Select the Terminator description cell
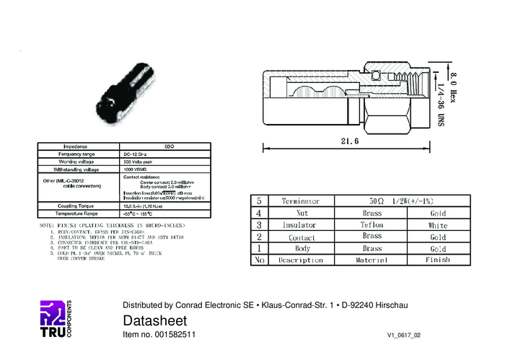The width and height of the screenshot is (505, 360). point(300,201)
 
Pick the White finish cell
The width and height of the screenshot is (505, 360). point(438,225)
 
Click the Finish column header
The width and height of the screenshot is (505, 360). point(438,260)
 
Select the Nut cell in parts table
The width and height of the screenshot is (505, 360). point(299,214)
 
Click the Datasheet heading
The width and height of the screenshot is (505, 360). point(155,320)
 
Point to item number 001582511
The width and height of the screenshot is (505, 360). point(159,335)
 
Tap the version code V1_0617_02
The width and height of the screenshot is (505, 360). point(403,336)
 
